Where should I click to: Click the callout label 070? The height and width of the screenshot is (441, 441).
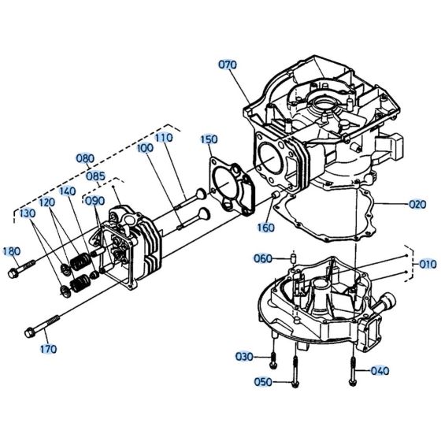coord(228,65)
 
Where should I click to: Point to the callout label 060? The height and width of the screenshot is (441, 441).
coord(262,258)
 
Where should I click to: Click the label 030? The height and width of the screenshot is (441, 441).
coord(245,357)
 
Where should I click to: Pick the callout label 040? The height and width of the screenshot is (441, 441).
coord(380,371)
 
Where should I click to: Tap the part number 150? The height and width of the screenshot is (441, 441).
coord(208,139)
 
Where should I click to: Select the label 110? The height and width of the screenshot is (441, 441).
coord(163,137)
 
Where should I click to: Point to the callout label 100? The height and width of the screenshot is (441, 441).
coord(144,147)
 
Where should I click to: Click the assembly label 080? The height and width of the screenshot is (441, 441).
coord(84,157)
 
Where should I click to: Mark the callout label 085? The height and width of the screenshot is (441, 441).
coord(96,176)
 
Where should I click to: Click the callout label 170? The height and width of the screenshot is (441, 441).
coord(48,348)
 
